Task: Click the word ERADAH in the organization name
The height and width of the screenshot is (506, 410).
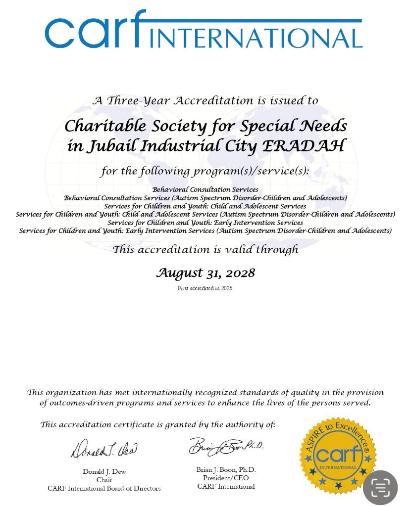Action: click(x=303, y=146)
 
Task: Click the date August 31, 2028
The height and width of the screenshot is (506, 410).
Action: click(x=205, y=273)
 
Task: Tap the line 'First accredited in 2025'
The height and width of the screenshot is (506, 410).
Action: click(x=205, y=288)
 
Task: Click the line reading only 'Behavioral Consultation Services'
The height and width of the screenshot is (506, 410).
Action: click(x=205, y=189)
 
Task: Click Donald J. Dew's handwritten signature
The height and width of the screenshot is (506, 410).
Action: click(x=104, y=449)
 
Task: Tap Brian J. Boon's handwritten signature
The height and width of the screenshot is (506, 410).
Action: click(x=225, y=447)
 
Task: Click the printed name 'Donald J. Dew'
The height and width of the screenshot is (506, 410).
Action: click(x=104, y=472)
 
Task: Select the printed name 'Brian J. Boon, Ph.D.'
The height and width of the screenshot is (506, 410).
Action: click(x=226, y=470)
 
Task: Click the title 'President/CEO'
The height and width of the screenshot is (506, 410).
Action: click(x=226, y=478)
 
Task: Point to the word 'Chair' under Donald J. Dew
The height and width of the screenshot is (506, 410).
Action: click(x=104, y=480)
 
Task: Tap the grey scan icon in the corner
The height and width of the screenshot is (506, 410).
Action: click(x=380, y=488)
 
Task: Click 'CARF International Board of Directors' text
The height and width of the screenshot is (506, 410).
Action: click(x=104, y=489)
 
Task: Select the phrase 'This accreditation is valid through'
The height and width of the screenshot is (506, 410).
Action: click(x=205, y=250)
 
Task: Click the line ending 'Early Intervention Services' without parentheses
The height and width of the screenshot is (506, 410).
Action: click(x=205, y=223)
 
